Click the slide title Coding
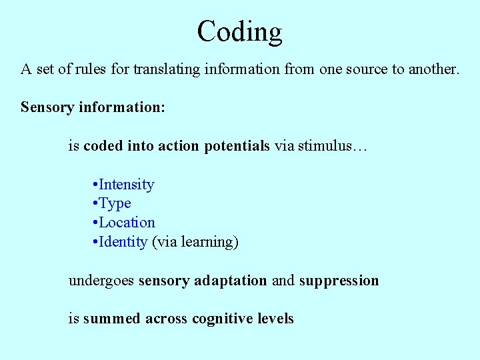pyautogui.click(x=240, y=32)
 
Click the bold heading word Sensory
pyautogui.click(x=47, y=107)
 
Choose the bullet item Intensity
pyautogui.click(x=127, y=185)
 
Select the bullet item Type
pyautogui.click(x=115, y=203)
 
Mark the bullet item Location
pyautogui.click(x=127, y=223)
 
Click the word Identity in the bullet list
pyautogui.click(x=123, y=242)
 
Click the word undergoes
pyautogui.click(x=102, y=281)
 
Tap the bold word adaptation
pyautogui.click(x=231, y=281)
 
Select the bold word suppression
pyautogui.click(x=339, y=281)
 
